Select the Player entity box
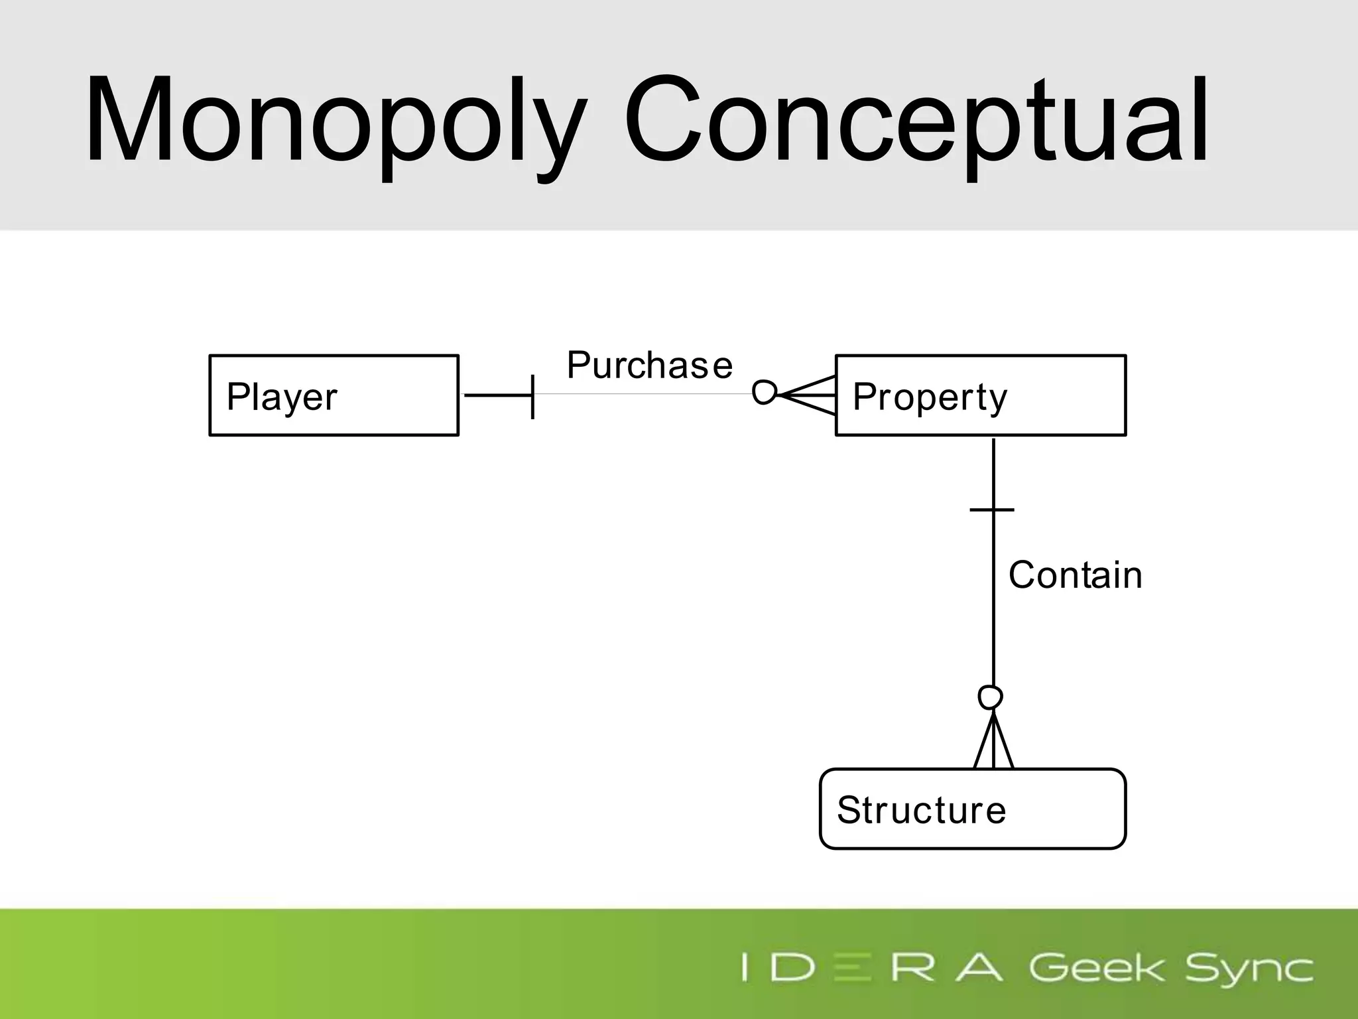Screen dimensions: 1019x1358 pyautogui.click(x=334, y=395)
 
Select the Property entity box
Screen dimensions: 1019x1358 pyautogui.click(x=980, y=395)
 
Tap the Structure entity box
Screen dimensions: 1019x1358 pyautogui.click(x=972, y=809)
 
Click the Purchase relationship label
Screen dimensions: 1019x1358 pyautogui.click(x=649, y=365)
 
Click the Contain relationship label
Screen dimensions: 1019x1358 pyautogui.click(x=1075, y=575)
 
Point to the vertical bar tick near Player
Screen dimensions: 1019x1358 pyautogui.click(x=532, y=396)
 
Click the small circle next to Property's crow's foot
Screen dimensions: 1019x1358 pyautogui.click(x=764, y=392)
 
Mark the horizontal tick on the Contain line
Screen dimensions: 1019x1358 pyautogui.click(x=992, y=509)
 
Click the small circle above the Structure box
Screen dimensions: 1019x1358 pyautogui.click(x=990, y=697)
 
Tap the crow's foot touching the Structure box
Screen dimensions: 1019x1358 pyautogui.click(x=993, y=743)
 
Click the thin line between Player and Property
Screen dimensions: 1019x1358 pyautogui.click(x=643, y=394)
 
